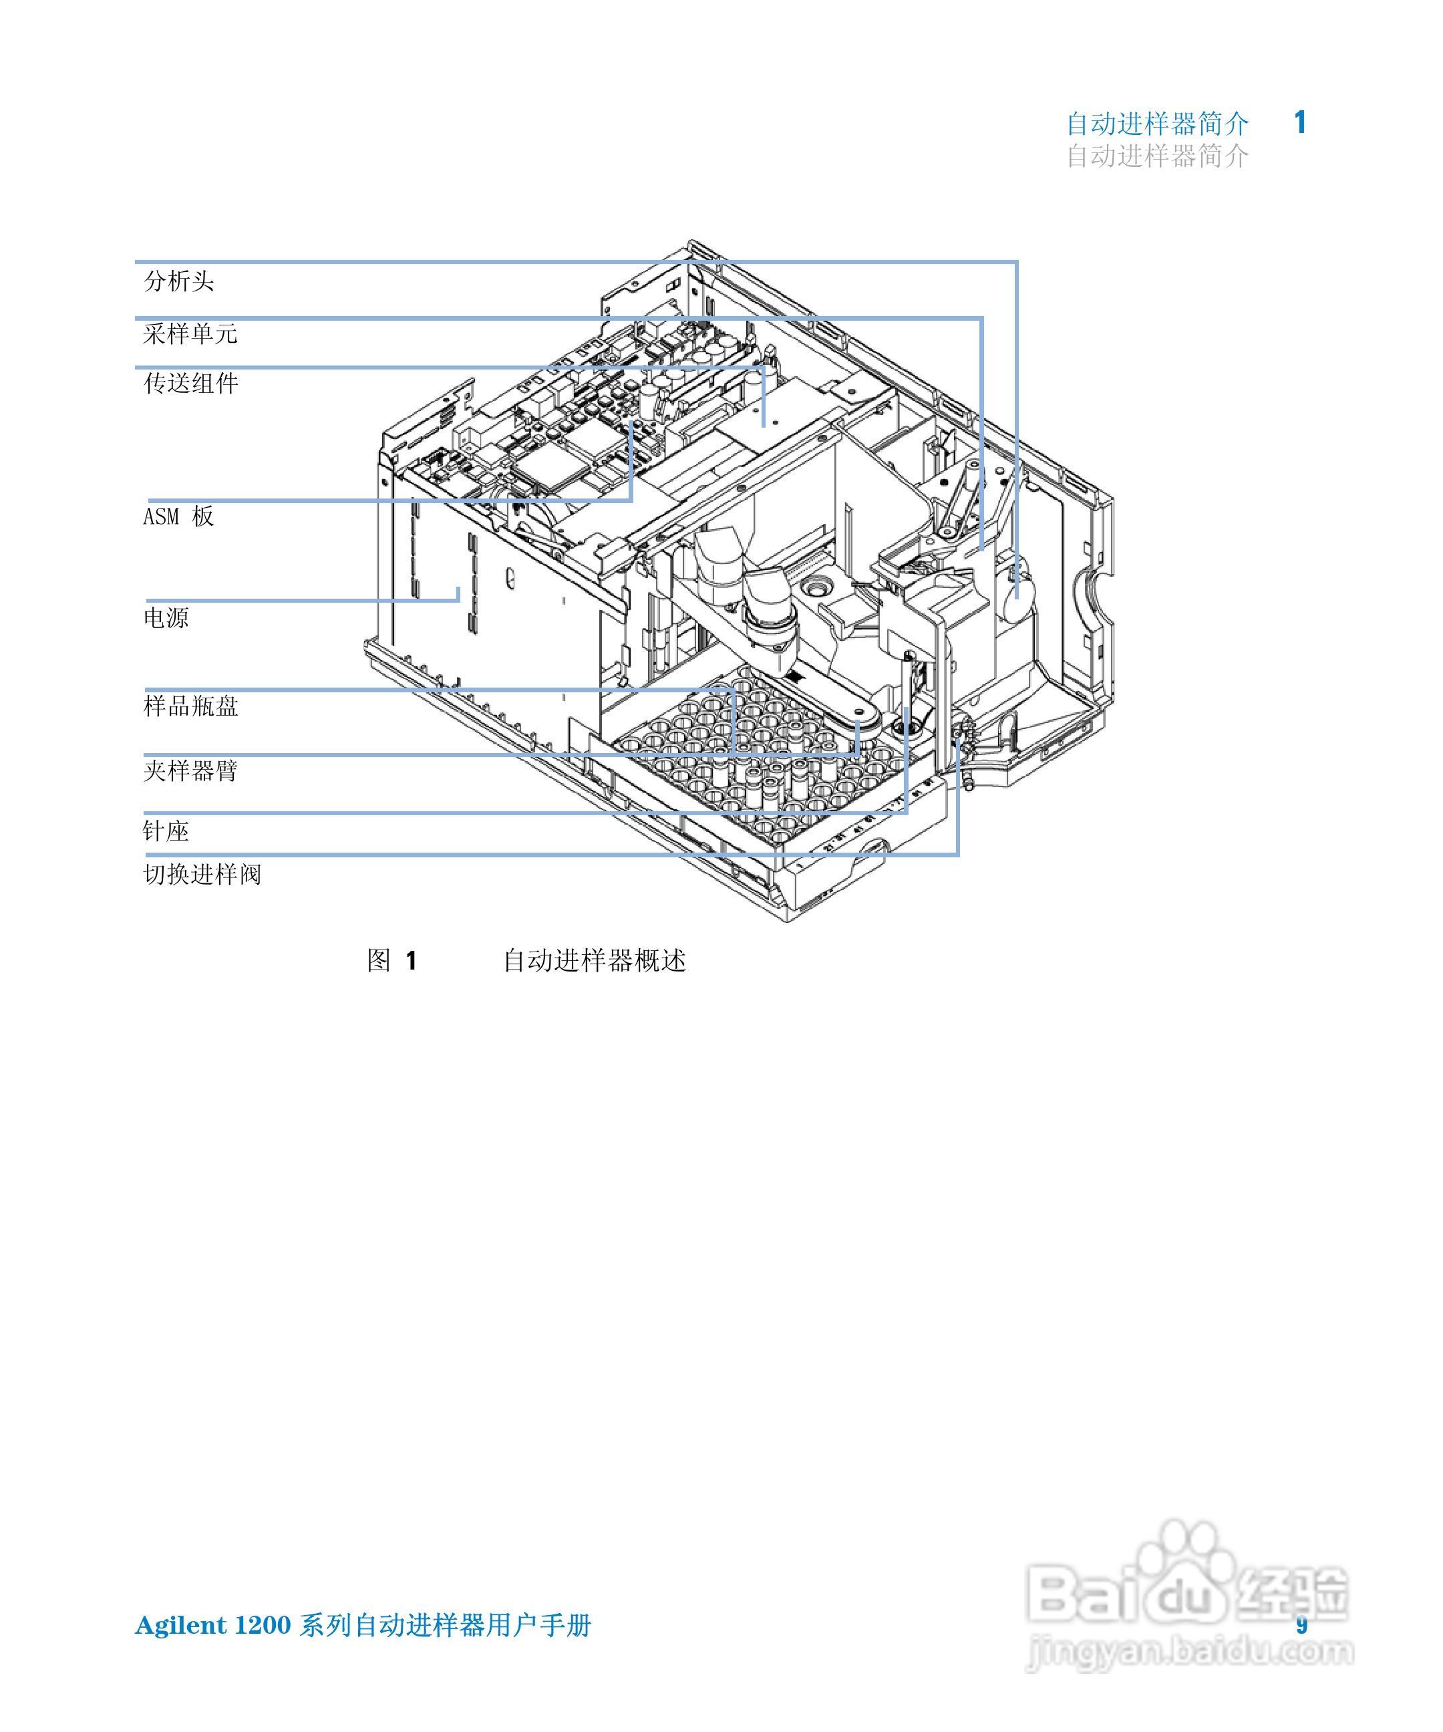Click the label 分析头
179,281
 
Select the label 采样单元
190,334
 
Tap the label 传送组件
190,384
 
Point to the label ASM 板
179,517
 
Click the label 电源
166,617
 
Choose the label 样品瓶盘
190,706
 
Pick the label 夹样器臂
190,771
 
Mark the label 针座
166,831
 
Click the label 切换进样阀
202,874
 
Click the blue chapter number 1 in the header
1300,123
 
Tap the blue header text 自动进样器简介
1158,124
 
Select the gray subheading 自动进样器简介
1158,156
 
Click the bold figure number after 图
412,961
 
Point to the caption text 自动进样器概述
595,961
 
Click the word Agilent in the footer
180,1626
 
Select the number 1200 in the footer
263,1626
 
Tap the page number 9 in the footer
1302,1625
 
